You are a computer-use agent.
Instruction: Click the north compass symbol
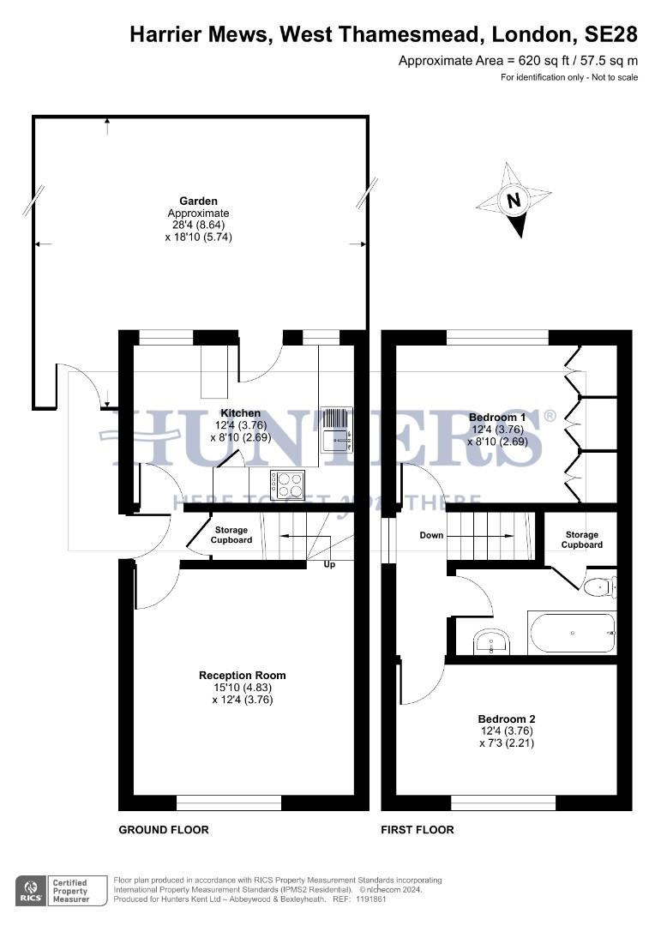click(514, 201)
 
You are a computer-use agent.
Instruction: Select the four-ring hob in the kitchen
click(287, 484)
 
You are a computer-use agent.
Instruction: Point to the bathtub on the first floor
click(573, 634)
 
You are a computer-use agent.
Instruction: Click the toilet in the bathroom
click(598, 587)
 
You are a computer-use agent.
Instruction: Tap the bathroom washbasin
click(491, 640)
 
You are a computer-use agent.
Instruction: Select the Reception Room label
click(243, 676)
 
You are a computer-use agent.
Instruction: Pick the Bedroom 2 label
click(507, 719)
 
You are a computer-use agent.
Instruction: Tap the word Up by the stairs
click(329, 564)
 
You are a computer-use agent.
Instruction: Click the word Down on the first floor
click(431, 536)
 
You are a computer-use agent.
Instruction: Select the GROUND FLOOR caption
click(164, 830)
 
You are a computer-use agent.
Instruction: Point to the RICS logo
click(32, 890)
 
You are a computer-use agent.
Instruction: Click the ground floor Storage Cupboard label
click(231, 536)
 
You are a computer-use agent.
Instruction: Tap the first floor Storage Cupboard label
click(582, 539)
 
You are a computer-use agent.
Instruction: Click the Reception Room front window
click(229, 803)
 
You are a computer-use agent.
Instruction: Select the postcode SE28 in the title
click(611, 34)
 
